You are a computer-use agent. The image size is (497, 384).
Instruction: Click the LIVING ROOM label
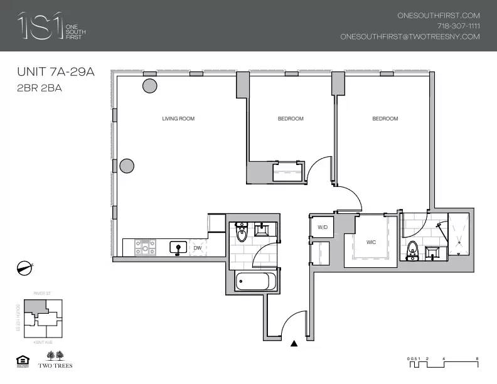(178, 119)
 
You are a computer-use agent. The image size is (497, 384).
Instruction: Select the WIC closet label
(371, 242)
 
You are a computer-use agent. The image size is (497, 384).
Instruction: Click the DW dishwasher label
(198, 248)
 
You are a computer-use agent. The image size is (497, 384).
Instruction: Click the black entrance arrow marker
(294, 343)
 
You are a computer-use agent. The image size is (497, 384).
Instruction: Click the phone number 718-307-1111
(458, 26)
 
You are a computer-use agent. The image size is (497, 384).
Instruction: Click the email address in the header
(410, 36)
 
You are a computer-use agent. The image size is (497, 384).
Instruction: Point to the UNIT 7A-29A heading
(55, 72)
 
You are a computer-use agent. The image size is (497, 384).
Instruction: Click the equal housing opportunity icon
(19, 360)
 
